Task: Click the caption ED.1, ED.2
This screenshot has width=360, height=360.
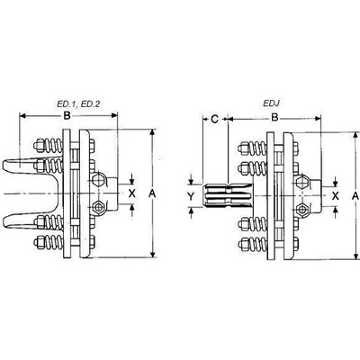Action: point(78,103)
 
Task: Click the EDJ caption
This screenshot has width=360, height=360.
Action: point(272,103)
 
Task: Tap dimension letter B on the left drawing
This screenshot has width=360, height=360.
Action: point(67,116)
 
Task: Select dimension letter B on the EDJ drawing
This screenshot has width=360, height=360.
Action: point(274,118)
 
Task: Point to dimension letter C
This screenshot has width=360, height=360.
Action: point(214,120)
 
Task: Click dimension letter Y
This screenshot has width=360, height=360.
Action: point(191,197)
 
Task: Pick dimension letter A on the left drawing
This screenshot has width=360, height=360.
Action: point(153,194)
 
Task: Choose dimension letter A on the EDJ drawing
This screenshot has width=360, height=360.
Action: point(355,196)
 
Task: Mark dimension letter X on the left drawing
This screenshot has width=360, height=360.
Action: point(132,193)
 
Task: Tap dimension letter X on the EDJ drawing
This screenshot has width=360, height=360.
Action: point(336,196)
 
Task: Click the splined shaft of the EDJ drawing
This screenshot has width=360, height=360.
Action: point(228,196)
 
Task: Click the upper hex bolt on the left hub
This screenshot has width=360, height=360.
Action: point(97,181)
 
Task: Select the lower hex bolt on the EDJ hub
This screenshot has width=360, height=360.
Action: point(301,209)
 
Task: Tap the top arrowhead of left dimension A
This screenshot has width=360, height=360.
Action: point(153,133)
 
